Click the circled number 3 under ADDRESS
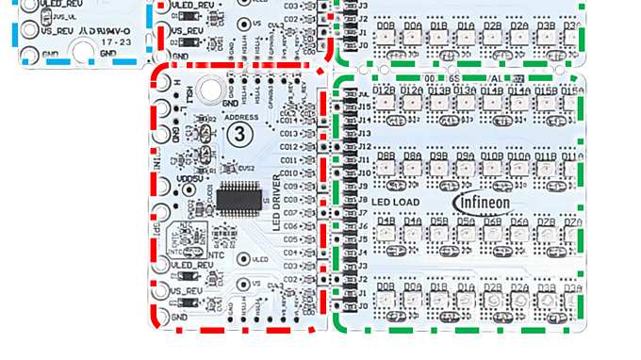(x=238, y=133)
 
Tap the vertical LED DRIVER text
(x=278, y=204)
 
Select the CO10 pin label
(x=288, y=173)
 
